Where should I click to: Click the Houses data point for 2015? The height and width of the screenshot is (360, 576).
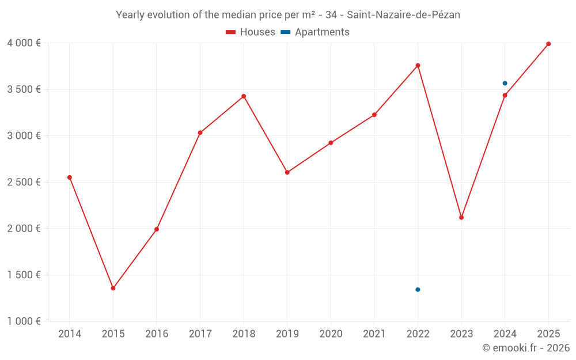point(113,288)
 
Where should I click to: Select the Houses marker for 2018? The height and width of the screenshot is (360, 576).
point(244,96)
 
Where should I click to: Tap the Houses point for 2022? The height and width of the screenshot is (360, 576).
point(418,66)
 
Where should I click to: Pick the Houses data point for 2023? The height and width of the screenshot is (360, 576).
point(461,217)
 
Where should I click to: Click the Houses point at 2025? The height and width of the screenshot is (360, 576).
point(548,44)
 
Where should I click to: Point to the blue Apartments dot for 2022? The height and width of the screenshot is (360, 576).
point(418,290)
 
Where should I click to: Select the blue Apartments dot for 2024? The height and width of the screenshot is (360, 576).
point(505,84)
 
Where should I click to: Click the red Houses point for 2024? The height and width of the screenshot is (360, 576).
point(505,96)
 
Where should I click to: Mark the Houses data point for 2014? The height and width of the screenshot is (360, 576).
point(70,177)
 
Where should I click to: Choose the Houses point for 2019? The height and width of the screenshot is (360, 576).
point(287,172)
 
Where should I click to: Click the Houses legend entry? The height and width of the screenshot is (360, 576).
point(251,32)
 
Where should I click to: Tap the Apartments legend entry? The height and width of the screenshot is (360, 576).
point(315,32)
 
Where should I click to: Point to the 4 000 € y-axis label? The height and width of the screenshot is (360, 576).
point(24,43)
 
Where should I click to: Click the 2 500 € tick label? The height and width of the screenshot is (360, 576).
point(24,182)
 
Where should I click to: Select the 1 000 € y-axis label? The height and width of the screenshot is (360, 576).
point(24,321)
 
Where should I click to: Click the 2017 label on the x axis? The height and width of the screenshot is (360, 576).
point(200,334)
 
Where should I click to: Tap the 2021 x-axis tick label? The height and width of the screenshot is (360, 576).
point(374,334)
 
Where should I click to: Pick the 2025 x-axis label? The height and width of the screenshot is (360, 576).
point(548,334)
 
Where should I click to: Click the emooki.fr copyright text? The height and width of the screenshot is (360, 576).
point(526,348)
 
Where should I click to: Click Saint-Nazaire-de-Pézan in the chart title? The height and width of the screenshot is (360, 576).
point(403,15)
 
